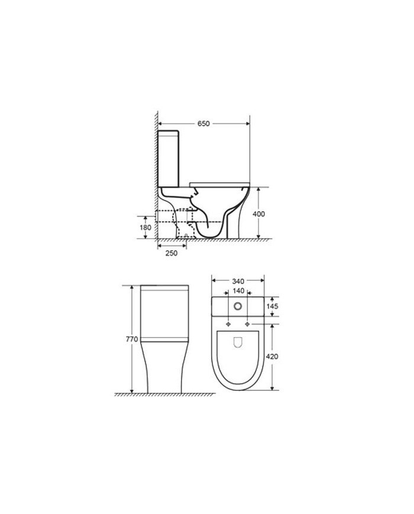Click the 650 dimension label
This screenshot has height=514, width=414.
click(x=203, y=124)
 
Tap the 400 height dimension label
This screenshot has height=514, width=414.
click(x=258, y=214)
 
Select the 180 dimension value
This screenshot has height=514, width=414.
click(x=145, y=227)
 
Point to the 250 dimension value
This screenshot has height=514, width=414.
click(x=171, y=253)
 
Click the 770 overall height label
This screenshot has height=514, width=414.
click(x=132, y=340)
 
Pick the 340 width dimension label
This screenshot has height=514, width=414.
click(x=238, y=281)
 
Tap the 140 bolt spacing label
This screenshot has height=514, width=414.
click(x=238, y=291)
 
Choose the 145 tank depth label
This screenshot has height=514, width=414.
click(x=272, y=306)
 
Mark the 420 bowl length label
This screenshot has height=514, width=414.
click(x=272, y=356)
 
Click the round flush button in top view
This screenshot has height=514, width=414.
click(x=238, y=306)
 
